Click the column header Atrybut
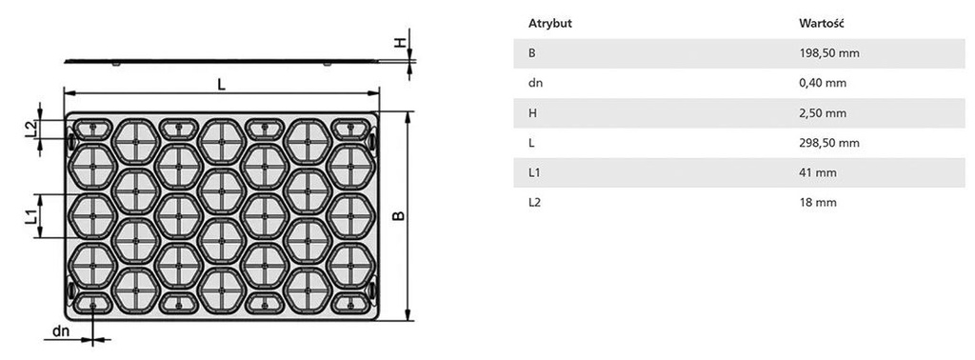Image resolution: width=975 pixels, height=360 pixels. [x=549, y=24]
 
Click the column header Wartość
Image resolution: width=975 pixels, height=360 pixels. [x=821, y=24]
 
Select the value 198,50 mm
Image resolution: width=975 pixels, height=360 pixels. [x=829, y=53]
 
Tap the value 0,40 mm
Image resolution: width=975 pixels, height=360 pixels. [x=823, y=83]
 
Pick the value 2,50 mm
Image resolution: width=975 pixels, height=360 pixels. [x=823, y=113]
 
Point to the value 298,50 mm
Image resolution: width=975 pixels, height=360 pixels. [x=829, y=143]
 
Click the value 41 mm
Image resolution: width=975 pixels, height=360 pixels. [x=818, y=172]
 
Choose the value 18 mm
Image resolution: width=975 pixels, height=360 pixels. [x=818, y=203]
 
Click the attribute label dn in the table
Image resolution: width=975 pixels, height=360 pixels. [x=535, y=83]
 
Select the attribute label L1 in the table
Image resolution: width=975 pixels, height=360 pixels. [x=534, y=172]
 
